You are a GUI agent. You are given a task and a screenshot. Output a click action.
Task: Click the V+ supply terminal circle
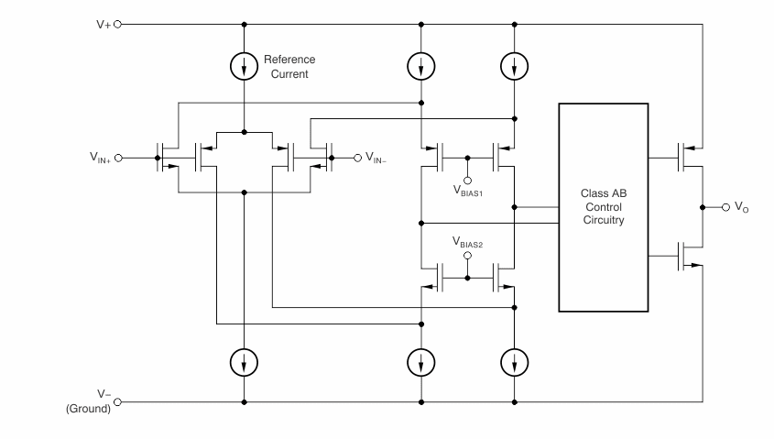point(116,23)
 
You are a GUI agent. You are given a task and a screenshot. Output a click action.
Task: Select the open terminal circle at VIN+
point(118,157)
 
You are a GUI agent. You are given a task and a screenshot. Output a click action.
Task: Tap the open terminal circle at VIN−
point(357,157)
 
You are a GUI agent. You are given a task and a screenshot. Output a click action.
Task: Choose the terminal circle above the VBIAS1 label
point(467,178)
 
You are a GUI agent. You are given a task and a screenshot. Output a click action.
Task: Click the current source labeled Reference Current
point(245,66)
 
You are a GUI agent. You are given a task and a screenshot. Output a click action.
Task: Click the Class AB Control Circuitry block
point(603,207)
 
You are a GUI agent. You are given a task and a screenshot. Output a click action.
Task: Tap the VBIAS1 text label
point(469,192)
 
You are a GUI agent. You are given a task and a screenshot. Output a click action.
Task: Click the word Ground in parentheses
point(88,410)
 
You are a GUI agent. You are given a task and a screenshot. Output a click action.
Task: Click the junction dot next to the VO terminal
point(702,207)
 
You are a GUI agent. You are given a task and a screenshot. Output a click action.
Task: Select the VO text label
point(741,208)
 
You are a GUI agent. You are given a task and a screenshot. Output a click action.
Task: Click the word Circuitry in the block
point(603,221)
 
